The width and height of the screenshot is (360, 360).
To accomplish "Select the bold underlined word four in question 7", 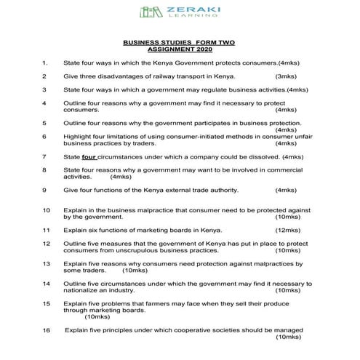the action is [89, 156].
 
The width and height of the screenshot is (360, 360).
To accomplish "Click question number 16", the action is [46, 329].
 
